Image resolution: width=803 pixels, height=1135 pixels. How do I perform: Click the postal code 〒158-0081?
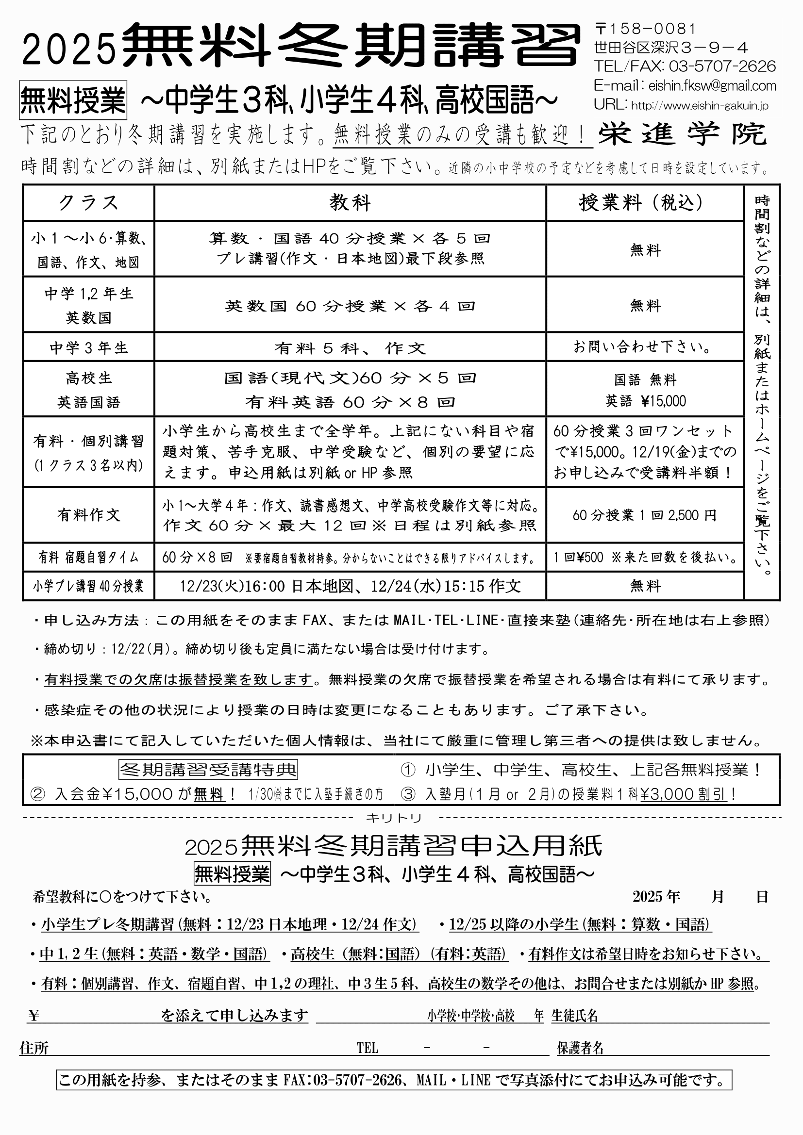pyautogui.click(x=645, y=29)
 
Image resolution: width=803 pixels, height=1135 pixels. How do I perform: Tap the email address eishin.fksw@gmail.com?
pyautogui.click(x=712, y=86)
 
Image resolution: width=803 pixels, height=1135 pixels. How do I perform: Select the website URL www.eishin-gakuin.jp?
pyautogui.click(x=700, y=106)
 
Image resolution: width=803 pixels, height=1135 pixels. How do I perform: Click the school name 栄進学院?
pyautogui.click(x=682, y=134)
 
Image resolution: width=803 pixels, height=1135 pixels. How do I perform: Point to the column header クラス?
pyautogui.click(x=88, y=203)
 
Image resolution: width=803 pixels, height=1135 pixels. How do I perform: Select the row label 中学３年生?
pyautogui.click(x=88, y=348)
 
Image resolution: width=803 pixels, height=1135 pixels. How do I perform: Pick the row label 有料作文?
pyautogui.click(x=88, y=515)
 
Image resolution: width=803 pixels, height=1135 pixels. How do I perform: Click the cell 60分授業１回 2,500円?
pyautogui.click(x=644, y=516)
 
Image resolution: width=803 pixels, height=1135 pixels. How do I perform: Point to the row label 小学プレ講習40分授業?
pyautogui.click(x=88, y=586)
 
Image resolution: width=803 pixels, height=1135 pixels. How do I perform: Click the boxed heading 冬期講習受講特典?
pyautogui.click(x=208, y=770)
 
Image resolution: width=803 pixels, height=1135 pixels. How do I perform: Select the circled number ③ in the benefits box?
pyautogui.click(x=408, y=794)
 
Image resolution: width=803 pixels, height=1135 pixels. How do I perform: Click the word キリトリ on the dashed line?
pyautogui.click(x=394, y=819)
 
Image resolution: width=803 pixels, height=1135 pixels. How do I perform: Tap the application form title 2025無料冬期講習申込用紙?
pyautogui.click(x=394, y=846)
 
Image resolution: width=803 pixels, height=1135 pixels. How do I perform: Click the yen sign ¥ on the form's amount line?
pyautogui.click(x=34, y=1016)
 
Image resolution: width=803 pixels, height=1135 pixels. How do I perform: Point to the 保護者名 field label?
pyautogui.click(x=580, y=1048)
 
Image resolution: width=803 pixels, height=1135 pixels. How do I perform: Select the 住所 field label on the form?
pyautogui.click(x=34, y=1048)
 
